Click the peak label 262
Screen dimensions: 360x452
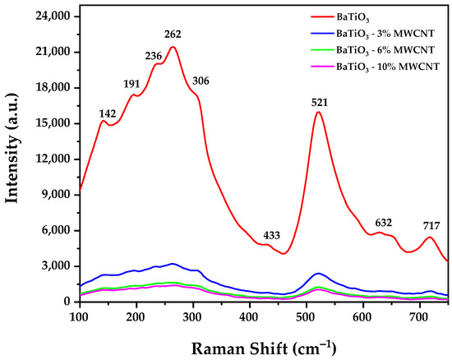(x=173, y=35)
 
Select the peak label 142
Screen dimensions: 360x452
(x=108, y=113)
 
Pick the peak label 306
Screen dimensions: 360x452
(x=201, y=81)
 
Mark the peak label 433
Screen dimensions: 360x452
(x=272, y=236)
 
